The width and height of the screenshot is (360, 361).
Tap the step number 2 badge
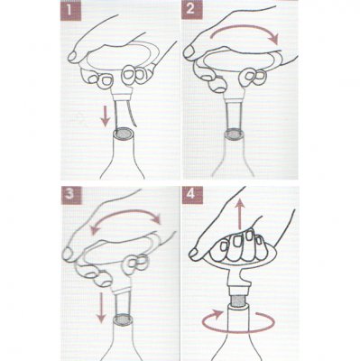coord(191,10)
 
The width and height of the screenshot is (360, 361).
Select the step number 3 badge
coord(71,195)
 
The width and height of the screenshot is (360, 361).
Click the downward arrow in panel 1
coord(105,116)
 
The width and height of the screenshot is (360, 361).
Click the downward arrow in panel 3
coord(101,303)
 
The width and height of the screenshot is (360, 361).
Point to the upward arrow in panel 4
coord(240,213)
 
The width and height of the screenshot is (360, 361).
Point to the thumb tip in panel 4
coord(194,254)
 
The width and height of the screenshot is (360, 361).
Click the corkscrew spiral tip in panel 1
coord(135,126)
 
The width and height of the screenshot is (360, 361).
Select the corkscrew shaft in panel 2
coord(235,115)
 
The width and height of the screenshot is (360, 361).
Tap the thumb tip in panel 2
coord(189,51)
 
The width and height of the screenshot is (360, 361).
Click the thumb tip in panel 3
coord(68,254)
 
